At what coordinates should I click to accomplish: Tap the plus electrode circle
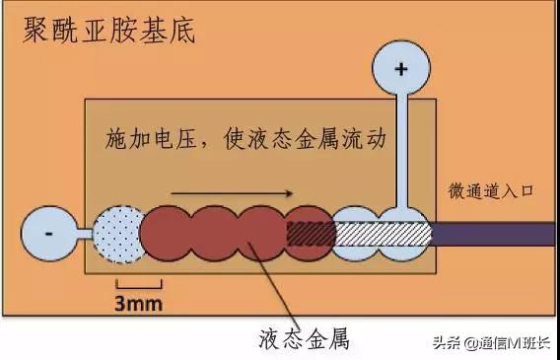tap(400, 71)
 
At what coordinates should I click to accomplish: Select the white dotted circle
tap(117, 235)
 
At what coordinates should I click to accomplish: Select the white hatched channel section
tap(385, 234)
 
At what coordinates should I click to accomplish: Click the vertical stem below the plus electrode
tap(401, 153)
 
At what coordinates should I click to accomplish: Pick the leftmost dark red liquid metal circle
tap(168, 235)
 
